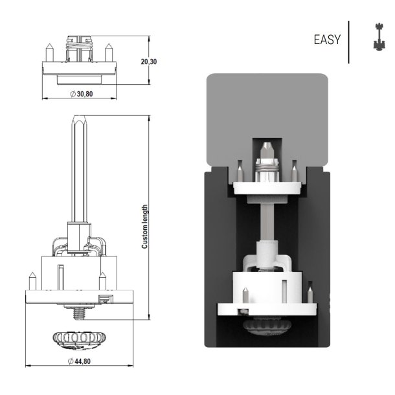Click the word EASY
326,40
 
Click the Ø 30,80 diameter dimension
81,94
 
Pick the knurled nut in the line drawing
78,338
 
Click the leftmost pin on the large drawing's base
31,282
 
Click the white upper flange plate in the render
267,188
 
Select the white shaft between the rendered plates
267,220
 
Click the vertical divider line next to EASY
349,41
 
